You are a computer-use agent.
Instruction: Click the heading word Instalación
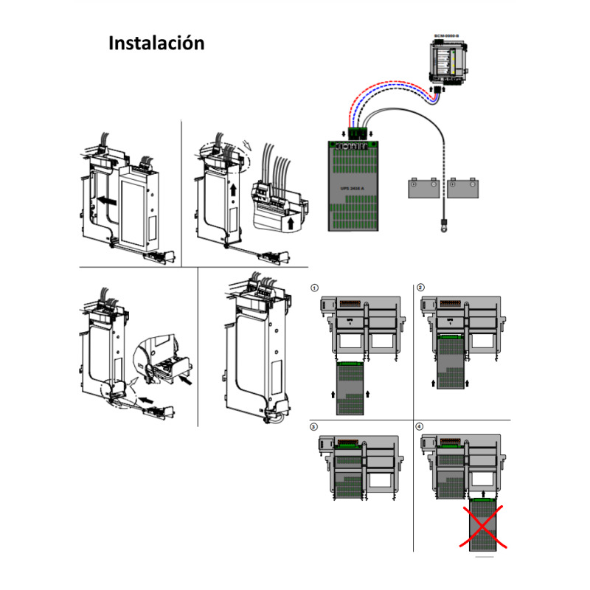click(x=156, y=43)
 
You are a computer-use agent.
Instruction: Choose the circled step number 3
click(x=315, y=427)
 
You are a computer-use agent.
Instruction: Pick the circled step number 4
click(x=420, y=427)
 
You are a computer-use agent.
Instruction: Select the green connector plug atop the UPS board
click(x=357, y=134)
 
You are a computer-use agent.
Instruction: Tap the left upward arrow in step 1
click(x=334, y=395)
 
